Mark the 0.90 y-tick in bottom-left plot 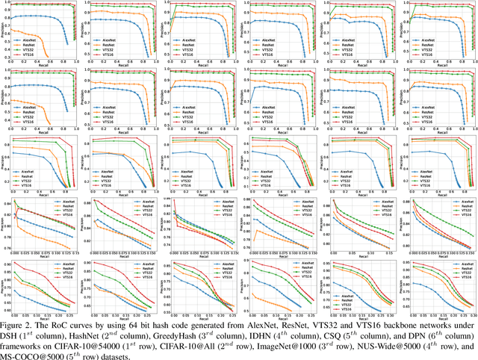[7, 264]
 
